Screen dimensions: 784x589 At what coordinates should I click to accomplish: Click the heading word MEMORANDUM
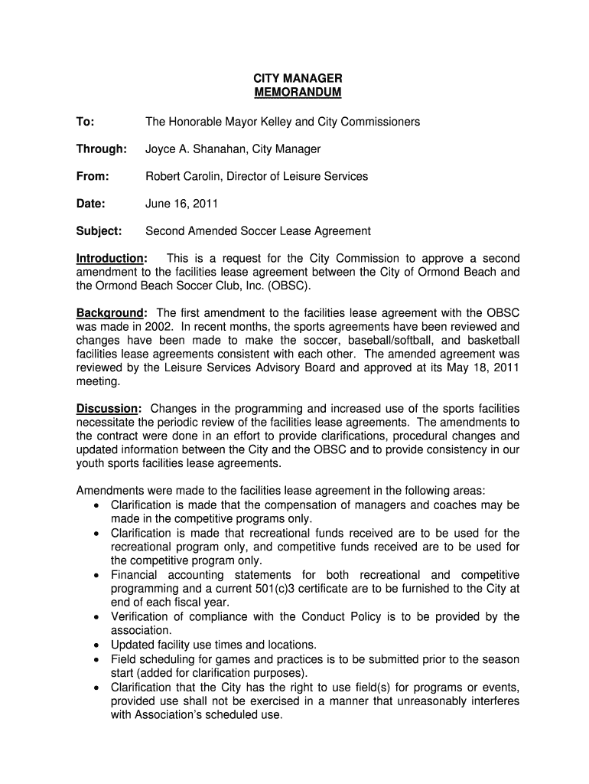pyautogui.click(x=298, y=93)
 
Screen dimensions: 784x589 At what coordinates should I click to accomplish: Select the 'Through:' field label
pyautogui.click(x=101, y=149)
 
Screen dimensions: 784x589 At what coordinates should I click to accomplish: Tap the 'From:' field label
pyautogui.click(x=93, y=176)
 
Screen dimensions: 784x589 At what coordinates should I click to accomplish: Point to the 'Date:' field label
pyautogui.click(x=91, y=204)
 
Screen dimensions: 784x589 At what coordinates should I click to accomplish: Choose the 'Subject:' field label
pyautogui.click(x=99, y=230)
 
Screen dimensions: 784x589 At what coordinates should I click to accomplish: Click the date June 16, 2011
pyautogui.click(x=182, y=204)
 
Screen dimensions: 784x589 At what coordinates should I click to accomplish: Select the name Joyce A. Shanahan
pyautogui.click(x=195, y=149)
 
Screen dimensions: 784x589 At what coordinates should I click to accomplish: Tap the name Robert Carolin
pyautogui.click(x=181, y=176)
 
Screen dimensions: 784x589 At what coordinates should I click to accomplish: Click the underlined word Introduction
pyautogui.click(x=110, y=258)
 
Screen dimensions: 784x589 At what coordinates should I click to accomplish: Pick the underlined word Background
pyautogui.click(x=110, y=312)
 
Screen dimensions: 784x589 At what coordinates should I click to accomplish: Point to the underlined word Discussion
pyautogui.click(x=107, y=408)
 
